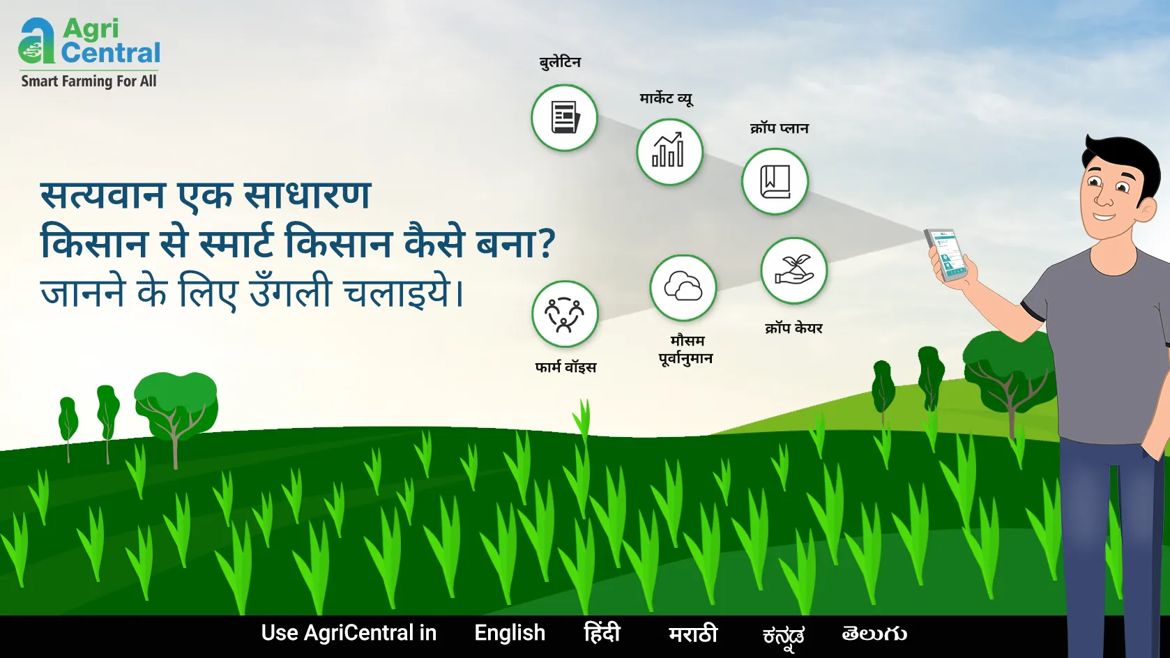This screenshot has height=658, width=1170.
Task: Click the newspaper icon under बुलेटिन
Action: [x=565, y=118]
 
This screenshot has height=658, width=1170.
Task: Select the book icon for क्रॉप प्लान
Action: [x=775, y=181]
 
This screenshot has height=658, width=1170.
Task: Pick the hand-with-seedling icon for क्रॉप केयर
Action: [x=794, y=270]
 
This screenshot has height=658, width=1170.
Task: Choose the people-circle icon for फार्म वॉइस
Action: [x=565, y=314]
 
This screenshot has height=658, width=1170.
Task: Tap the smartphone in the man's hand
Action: [x=946, y=255]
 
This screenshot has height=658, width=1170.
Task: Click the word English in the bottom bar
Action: [x=510, y=633]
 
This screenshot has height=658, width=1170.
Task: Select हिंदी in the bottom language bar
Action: [x=602, y=632]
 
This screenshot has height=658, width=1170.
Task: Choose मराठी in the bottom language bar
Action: [x=693, y=634]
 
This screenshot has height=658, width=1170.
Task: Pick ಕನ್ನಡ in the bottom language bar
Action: [x=784, y=636]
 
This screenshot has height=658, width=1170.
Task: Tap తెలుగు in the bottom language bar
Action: [x=874, y=634]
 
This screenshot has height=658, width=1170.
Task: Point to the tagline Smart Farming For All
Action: [x=89, y=82]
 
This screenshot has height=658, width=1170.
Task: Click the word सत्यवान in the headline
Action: [x=103, y=195]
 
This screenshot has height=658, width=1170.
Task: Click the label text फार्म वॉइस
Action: [x=565, y=367]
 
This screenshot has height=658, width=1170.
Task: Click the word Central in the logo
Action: [x=111, y=53]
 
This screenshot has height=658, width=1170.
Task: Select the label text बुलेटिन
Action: [x=560, y=62]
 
